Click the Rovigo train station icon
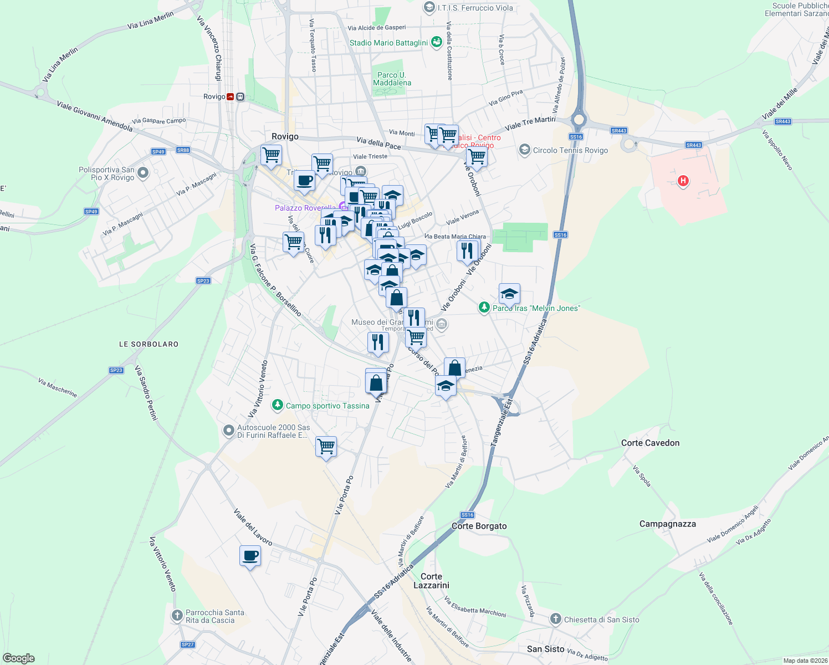coord(230,96)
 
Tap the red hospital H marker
coord(683,181)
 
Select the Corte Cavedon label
coord(650,443)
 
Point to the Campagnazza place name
coord(667,524)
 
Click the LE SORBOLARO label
coord(149,344)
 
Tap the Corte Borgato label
coord(479,526)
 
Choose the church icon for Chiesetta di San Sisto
coord(556,619)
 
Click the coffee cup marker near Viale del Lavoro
coord(250,555)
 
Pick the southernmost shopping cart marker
coord(326,446)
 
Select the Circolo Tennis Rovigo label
coord(570,150)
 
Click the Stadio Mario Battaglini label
coord(388,43)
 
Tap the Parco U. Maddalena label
coord(392,79)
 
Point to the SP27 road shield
coord(188,644)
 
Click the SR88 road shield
coord(183,150)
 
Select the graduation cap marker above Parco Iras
coord(509,294)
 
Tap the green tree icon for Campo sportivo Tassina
coord(278,406)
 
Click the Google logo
coord(19,658)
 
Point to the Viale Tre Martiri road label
coord(530,123)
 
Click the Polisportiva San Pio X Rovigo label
coord(106,173)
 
